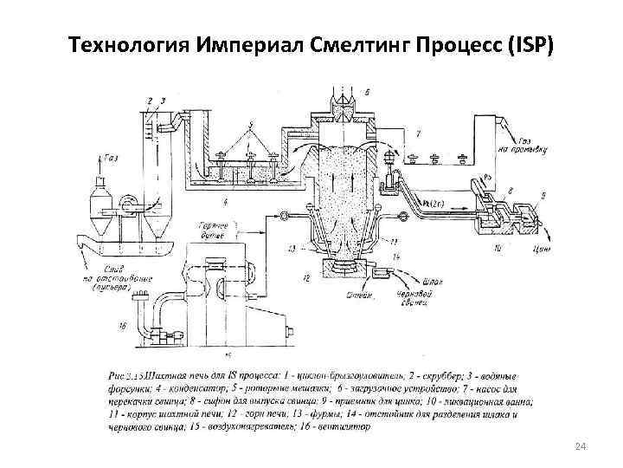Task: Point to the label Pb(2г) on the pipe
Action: pyautogui.click(x=427, y=203)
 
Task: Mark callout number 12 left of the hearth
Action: pyautogui.click(x=305, y=276)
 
